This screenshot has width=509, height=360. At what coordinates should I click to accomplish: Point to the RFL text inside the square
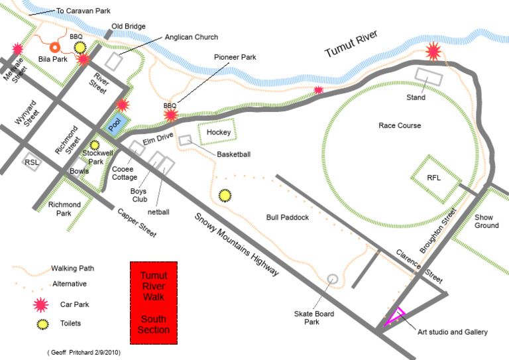coord(433,178)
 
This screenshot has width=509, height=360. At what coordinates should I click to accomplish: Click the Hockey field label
coord(218,133)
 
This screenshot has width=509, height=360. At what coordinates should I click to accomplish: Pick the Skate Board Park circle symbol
coord(333,280)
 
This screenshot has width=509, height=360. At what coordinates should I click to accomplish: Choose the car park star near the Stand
coord(434,50)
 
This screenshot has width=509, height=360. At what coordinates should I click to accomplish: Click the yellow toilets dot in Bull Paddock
coord(225,196)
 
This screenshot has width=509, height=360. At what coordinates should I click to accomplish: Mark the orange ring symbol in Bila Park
coord(55,47)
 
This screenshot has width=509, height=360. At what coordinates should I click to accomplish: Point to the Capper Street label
coord(137,223)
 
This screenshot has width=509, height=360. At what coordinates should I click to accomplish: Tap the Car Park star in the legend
coord(42,304)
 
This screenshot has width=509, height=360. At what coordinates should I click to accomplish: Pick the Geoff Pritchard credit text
coord(84,352)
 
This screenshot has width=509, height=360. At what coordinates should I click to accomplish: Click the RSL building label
coord(31,162)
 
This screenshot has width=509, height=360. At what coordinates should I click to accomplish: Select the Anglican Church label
coord(191,37)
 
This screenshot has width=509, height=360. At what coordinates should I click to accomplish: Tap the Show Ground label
coord(486,221)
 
